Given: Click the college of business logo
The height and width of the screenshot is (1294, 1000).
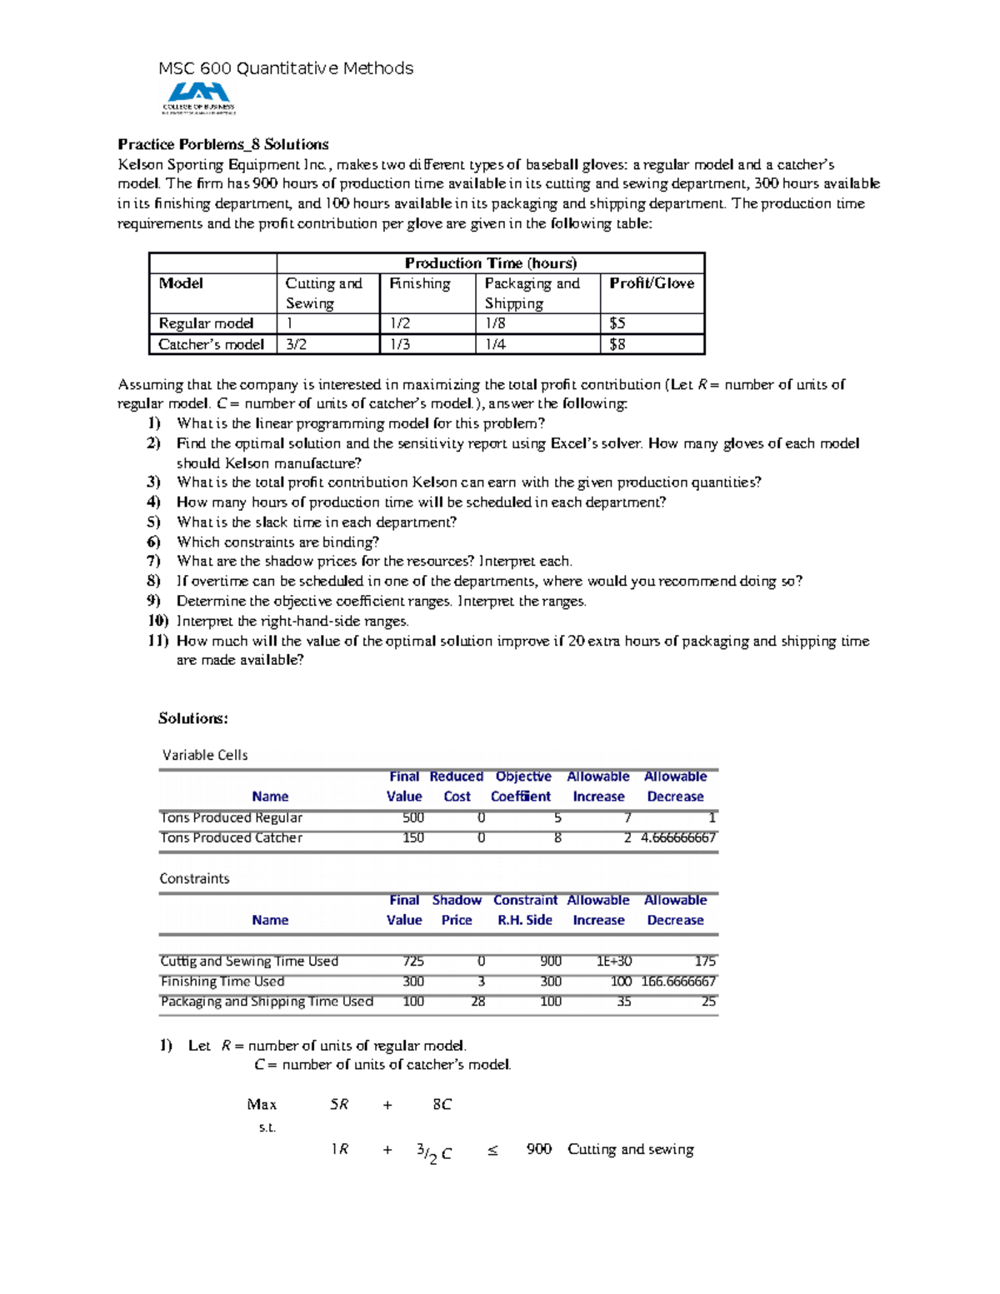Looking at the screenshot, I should point(198,97).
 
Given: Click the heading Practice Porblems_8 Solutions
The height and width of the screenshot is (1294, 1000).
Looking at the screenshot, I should point(222,144).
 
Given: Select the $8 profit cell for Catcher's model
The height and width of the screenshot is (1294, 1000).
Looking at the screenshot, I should point(617,344).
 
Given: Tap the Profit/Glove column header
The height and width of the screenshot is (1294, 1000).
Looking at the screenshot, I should point(651,283).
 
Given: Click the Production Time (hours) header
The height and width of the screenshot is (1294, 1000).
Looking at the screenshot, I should point(490,263).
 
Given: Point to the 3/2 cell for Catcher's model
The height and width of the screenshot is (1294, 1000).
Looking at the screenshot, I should point(296,344).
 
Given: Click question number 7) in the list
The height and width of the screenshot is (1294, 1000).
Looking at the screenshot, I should point(153,562).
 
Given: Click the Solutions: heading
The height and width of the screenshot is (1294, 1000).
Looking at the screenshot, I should point(192,718).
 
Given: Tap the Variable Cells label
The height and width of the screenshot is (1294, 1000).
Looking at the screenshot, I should point(204,755).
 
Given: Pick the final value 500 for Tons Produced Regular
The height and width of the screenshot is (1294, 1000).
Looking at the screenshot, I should point(412,818).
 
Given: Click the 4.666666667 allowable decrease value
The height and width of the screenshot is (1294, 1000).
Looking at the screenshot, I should point(677,838).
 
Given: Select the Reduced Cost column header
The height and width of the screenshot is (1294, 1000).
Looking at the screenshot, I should point(456,787).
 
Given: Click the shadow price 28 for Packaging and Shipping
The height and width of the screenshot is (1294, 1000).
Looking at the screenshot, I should point(477,1002).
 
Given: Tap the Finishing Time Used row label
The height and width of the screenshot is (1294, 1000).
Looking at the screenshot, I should point(222,982).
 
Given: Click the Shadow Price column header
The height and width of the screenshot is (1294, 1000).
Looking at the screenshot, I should point(456,910).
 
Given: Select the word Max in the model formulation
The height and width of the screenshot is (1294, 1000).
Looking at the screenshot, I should point(261,1105).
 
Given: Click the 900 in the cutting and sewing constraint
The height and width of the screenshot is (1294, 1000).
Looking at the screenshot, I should point(538,1150).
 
